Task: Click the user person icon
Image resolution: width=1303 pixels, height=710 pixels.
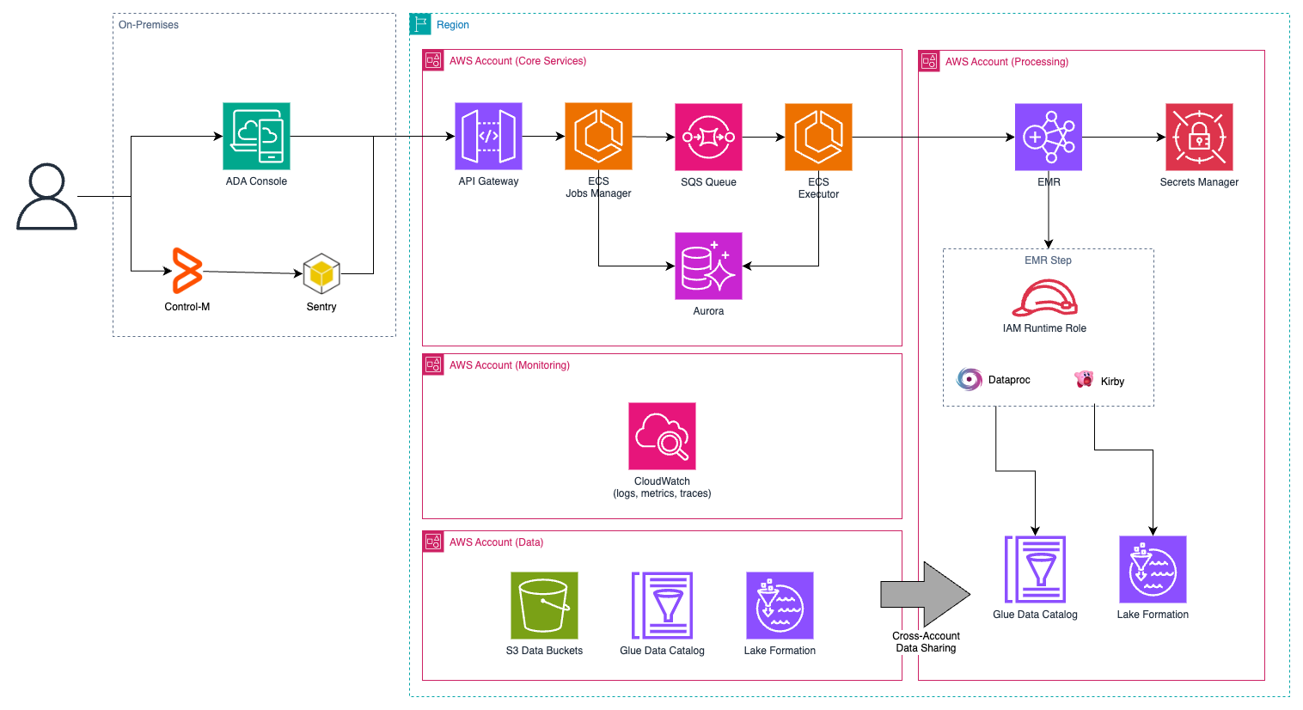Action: [x=46, y=197]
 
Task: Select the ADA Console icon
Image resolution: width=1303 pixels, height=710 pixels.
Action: [x=256, y=136]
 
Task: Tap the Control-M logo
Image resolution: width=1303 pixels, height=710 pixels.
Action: [x=187, y=271]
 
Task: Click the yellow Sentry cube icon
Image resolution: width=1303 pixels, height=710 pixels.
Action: [x=321, y=274]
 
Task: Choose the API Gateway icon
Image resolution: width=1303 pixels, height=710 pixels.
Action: [x=488, y=136]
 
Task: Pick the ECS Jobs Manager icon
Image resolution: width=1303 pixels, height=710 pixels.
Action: [x=598, y=136]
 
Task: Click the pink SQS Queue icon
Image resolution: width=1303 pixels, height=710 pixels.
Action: [x=708, y=137]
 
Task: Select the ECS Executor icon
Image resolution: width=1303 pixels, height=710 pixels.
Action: [x=818, y=137]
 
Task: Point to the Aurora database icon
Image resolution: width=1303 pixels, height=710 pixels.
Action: [x=708, y=266]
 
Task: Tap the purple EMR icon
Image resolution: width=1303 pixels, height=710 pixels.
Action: [x=1048, y=137]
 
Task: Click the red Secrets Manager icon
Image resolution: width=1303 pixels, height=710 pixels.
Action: [x=1199, y=137]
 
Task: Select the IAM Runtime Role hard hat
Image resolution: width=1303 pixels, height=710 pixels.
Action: [x=1044, y=299]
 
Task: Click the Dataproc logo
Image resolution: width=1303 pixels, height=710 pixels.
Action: [x=970, y=379]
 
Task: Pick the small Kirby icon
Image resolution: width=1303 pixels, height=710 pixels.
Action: [x=1084, y=379]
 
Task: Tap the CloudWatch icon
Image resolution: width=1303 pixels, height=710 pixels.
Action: [x=662, y=436]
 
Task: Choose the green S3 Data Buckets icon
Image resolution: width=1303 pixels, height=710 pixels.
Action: [x=544, y=605]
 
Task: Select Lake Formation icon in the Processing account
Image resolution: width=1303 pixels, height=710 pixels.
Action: [x=1153, y=569]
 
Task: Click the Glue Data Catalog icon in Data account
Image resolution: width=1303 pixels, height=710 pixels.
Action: [x=662, y=605]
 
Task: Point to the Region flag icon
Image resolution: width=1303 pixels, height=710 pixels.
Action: [x=420, y=24]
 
